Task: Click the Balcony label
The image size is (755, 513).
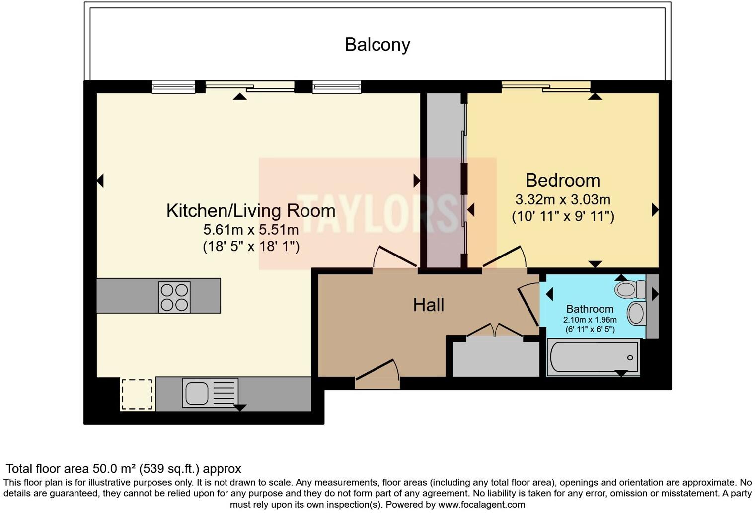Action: point(377,45)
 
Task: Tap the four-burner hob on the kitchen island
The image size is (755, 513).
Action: point(174,297)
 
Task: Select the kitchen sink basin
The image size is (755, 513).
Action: point(197,393)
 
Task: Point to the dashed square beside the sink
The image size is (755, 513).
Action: point(137,394)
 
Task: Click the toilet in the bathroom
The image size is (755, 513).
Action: point(629,289)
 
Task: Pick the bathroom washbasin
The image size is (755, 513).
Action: point(636,314)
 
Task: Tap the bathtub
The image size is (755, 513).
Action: point(593,357)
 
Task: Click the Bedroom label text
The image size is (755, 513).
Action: point(562,180)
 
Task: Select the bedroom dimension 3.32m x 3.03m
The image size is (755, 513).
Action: point(562,200)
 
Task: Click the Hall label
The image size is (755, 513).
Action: point(428,305)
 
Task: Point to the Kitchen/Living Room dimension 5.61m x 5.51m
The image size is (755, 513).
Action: point(251,230)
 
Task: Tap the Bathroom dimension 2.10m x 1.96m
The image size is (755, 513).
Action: point(590,320)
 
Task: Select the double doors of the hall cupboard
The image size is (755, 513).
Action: point(495,331)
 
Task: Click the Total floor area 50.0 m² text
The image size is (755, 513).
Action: point(123,469)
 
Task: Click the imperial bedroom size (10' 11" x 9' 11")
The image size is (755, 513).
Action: point(562,217)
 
